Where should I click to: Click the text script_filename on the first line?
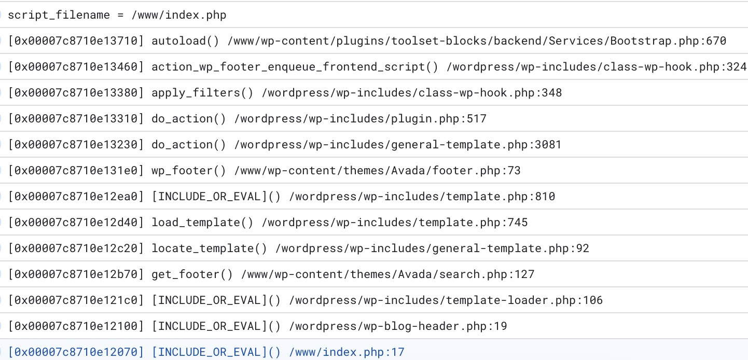(59, 15)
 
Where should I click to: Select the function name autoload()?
(185, 41)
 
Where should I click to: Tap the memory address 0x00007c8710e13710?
(76, 41)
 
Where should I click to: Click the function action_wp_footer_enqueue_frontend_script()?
(295, 67)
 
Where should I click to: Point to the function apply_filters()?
(202, 92)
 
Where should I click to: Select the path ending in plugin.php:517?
(361, 119)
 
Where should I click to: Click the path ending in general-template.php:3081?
(398, 145)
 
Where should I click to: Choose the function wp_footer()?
(189, 171)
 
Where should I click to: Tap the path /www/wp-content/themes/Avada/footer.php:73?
(377, 171)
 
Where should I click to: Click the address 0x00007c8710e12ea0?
(76, 197)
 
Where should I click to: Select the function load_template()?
(202, 223)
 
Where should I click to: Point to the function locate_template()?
(210, 248)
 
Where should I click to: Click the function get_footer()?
(192, 274)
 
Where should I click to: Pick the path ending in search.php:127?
(387, 274)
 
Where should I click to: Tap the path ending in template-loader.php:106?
(446, 300)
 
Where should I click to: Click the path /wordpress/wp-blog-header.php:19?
(398, 326)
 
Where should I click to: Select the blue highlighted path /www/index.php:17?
(347, 352)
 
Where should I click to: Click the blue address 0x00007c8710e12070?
(76, 352)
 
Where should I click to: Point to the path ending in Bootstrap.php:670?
(477, 41)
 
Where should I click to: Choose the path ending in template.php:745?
(395, 223)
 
